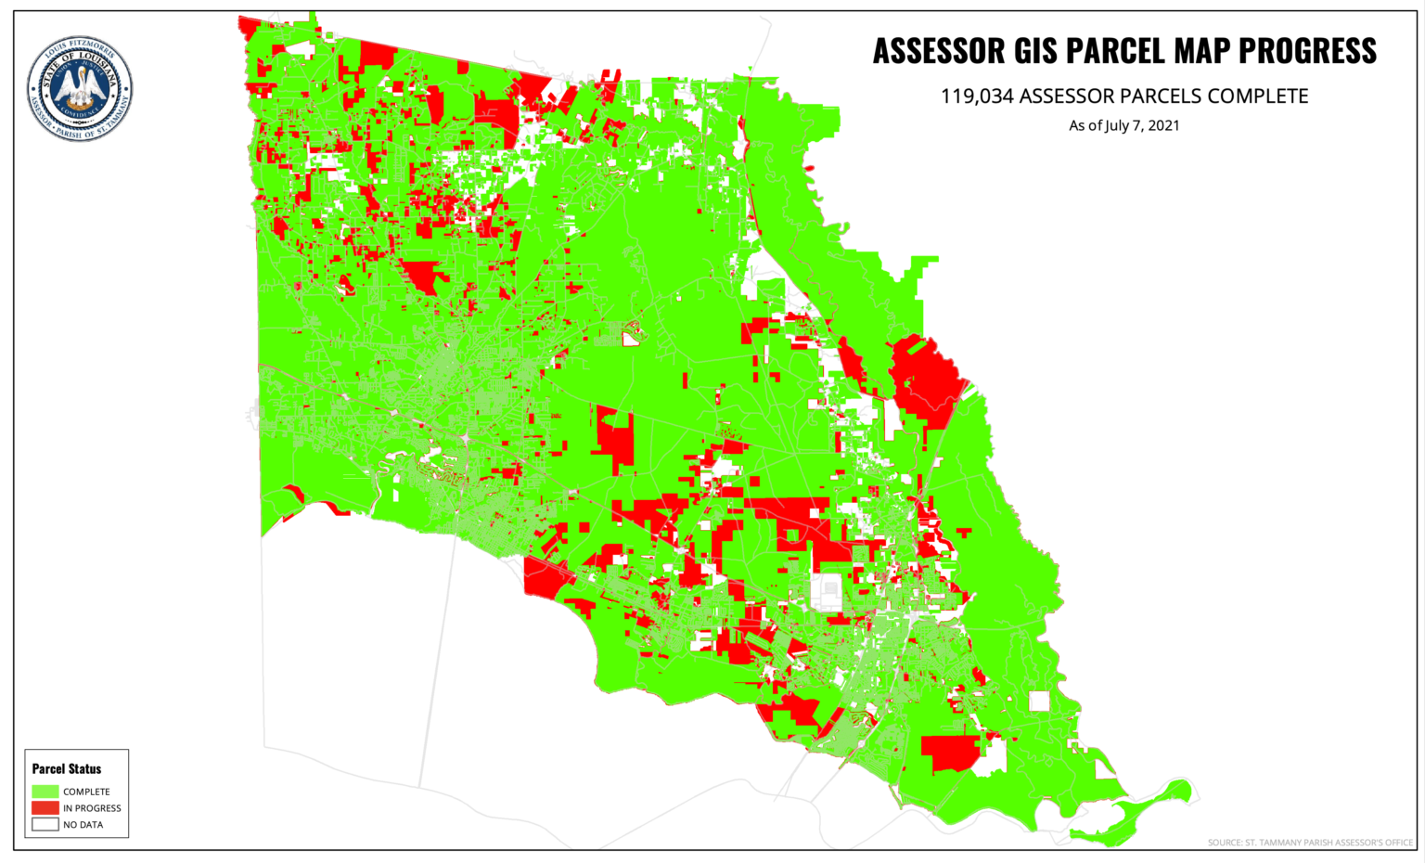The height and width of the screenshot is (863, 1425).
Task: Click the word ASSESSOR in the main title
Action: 938,51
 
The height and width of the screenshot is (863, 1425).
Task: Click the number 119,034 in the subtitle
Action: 977,97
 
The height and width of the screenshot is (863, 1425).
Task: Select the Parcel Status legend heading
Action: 67,769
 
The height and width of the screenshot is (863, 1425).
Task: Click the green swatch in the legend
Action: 45,792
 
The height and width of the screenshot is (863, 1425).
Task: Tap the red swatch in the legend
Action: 45,808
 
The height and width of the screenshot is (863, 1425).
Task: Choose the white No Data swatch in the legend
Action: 45,824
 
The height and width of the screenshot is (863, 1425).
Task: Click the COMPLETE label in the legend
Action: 86,792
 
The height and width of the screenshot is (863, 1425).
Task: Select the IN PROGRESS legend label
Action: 92,808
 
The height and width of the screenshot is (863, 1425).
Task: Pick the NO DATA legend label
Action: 83,825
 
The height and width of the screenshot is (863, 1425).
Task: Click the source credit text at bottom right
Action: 1310,843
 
